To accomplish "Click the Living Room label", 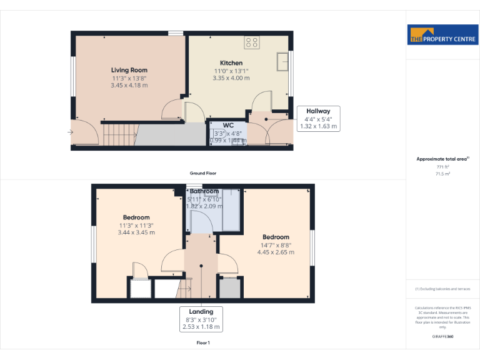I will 129,70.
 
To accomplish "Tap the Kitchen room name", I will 231,63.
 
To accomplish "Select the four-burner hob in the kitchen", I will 252,43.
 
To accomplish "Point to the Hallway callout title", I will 318,111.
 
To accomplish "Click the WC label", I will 228,125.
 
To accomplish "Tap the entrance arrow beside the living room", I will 70,132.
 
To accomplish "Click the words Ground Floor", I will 203,173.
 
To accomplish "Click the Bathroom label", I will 204,191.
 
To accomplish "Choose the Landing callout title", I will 201,311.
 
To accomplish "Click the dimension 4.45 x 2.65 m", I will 276,252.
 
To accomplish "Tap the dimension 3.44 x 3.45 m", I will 136,232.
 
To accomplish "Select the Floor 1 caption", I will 203,343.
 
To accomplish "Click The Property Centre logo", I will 442,35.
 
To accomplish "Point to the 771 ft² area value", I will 442,167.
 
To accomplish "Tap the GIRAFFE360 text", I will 442,337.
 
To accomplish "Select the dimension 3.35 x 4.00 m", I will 231,78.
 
